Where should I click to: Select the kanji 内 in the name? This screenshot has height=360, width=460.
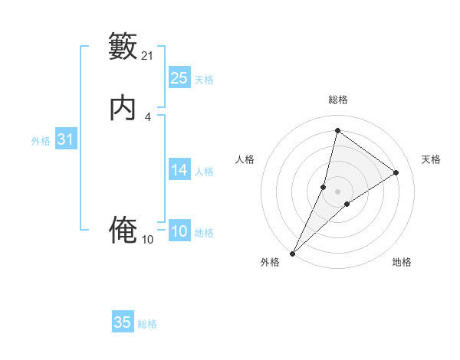(x=123, y=109)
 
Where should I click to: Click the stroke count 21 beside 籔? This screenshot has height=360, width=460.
(x=148, y=55)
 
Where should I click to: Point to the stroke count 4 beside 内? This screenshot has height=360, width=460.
(x=148, y=116)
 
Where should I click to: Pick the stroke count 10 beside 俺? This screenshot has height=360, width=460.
(x=148, y=240)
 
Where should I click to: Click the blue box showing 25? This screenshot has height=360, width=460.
(x=179, y=77)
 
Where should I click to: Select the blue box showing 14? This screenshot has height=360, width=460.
(x=179, y=170)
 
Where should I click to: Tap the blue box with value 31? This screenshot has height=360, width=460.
(x=65, y=139)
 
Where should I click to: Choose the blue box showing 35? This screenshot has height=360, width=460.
(x=123, y=322)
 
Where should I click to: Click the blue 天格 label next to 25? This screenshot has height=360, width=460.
(x=204, y=79)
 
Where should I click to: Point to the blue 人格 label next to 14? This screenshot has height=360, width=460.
(x=204, y=172)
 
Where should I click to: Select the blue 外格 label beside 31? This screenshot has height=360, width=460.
(x=41, y=141)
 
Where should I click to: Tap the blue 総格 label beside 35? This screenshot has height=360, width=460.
(x=147, y=324)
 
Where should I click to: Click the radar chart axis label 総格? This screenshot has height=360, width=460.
(x=338, y=100)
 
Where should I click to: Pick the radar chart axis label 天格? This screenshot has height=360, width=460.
(x=431, y=159)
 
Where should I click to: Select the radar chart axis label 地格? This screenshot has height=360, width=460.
(x=402, y=262)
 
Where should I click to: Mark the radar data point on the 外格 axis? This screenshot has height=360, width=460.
(x=292, y=254)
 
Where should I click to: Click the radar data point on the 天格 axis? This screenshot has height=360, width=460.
(x=396, y=173)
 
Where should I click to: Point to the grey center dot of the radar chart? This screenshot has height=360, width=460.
(x=338, y=191)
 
